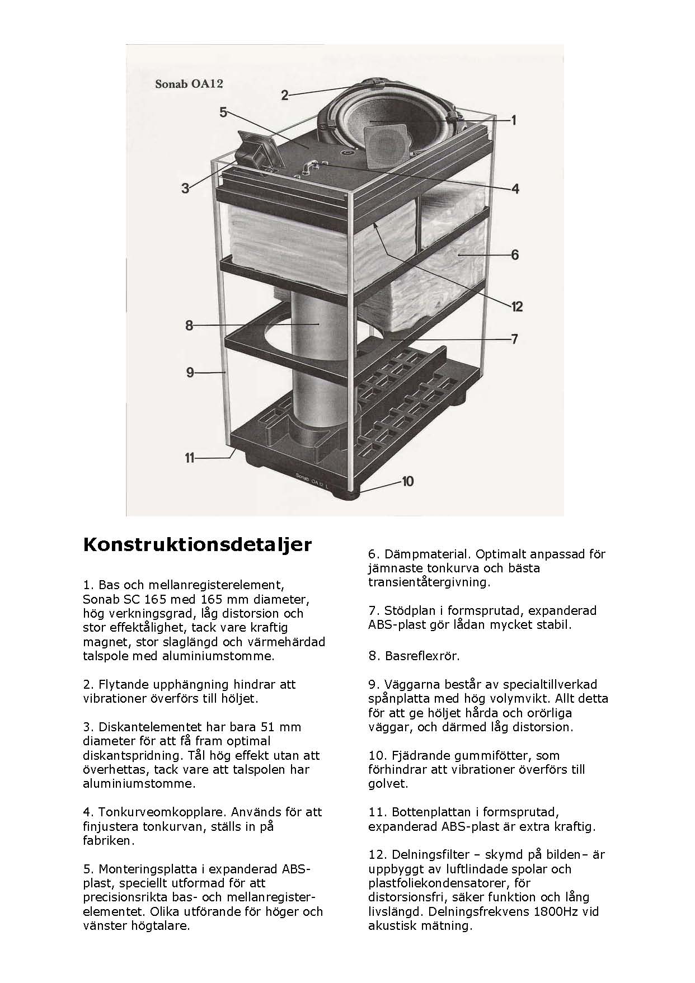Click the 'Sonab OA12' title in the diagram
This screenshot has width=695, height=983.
pyautogui.click(x=189, y=84)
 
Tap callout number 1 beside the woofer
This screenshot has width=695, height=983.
pyautogui.click(x=513, y=120)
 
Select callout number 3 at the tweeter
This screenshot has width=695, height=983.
pyautogui.click(x=185, y=189)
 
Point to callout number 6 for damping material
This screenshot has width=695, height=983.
pyautogui.click(x=515, y=255)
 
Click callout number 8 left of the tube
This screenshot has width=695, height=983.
pyautogui.click(x=189, y=325)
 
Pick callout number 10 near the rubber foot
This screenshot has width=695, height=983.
pyautogui.click(x=407, y=481)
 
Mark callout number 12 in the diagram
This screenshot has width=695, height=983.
pyautogui.click(x=516, y=306)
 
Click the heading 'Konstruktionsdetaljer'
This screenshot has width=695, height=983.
pyautogui.click(x=198, y=545)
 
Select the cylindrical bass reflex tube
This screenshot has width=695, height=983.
pyautogui.click(x=317, y=364)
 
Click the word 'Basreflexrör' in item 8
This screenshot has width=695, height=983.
pyautogui.click(x=422, y=656)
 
